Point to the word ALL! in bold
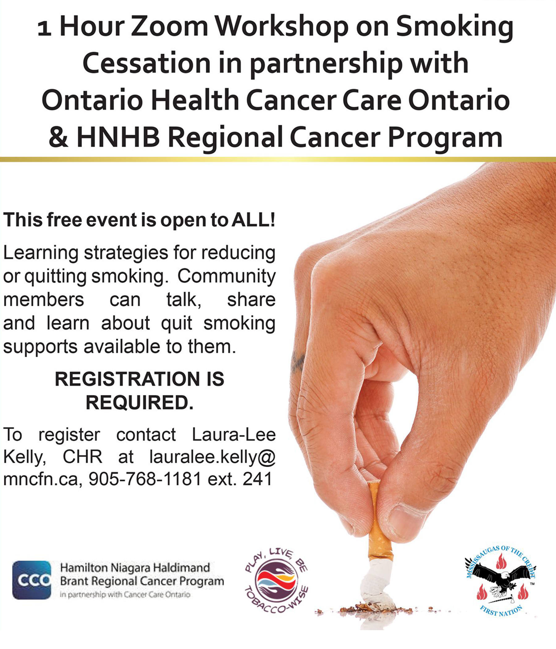[x=254, y=219]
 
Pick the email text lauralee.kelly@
[x=213, y=457]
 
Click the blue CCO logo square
[x=32, y=580]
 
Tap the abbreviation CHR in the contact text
[x=83, y=457]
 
